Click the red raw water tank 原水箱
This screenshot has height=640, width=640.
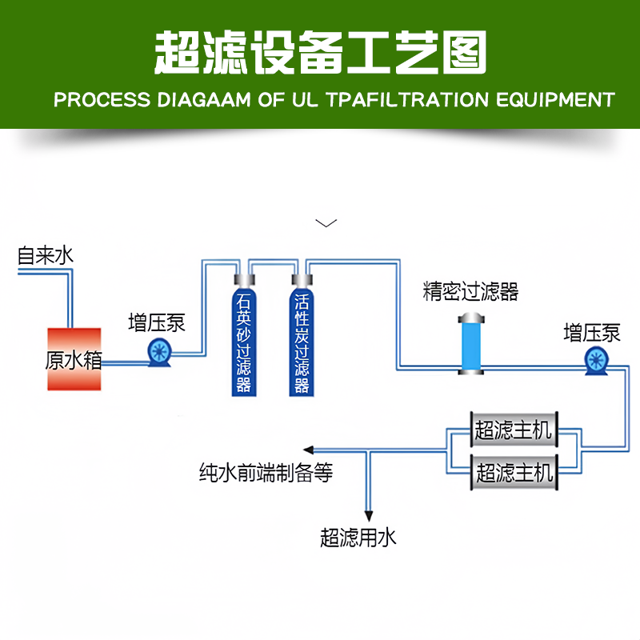[x=74, y=359]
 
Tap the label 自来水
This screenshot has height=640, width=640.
[x=46, y=256]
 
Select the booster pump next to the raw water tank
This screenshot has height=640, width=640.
[x=158, y=351]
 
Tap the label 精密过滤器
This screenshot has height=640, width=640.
[x=470, y=291]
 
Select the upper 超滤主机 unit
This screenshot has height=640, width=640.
[x=514, y=430]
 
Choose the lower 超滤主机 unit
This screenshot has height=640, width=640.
[x=514, y=472]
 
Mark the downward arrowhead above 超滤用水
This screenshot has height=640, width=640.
[x=369, y=514]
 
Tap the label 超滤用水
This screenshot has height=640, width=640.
[x=358, y=538]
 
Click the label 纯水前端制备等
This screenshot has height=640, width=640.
[x=266, y=474]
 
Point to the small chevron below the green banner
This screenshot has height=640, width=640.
[x=326, y=222]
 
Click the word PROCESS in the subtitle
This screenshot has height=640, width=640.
[x=102, y=100]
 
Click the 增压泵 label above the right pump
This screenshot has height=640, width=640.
[x=592, y=332]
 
